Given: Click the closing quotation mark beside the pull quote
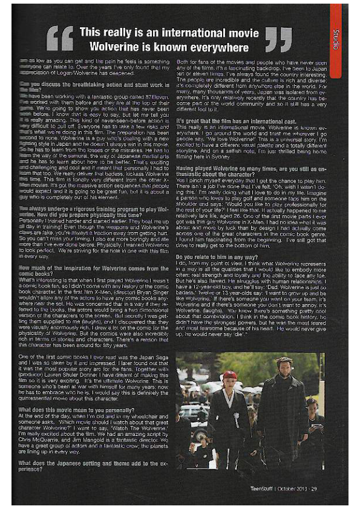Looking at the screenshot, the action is pyautogui.click(x=280, y=39).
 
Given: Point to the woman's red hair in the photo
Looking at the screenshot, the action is pyautogui.click(x=229, y=376).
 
